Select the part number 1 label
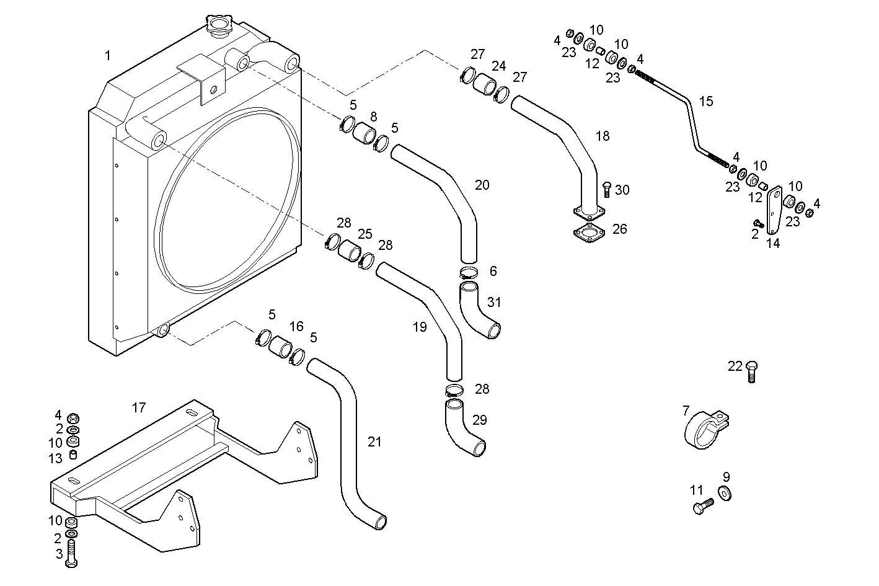[x=108, y=56]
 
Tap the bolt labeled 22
[x=751, y=370]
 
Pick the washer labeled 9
[x=724, y=492]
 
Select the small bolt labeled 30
[x=607, y=190]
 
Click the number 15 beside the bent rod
[x=706, y=101]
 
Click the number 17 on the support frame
[x=139, y=407]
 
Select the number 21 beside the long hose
[x=374, y=442]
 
